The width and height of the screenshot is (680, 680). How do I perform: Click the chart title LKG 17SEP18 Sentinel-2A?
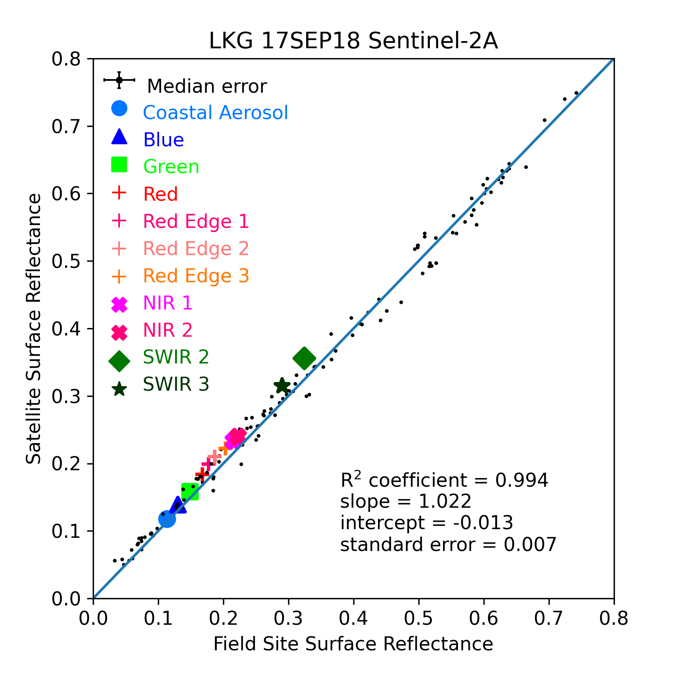[x=353, y=41]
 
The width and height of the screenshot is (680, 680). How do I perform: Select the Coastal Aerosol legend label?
[x=216, y=113]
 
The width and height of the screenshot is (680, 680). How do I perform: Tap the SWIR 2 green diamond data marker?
[x=304, y=358]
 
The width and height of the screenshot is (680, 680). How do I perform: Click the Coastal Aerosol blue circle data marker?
[x=167, y=519]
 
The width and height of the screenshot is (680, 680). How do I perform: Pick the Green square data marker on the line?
[x=190, y=492]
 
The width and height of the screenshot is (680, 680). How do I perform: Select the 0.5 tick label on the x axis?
[x=419, y=619]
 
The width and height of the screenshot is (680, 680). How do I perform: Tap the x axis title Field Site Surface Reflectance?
[x=353, y=644]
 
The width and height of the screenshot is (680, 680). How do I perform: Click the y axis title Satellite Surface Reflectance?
[x=34, y=328]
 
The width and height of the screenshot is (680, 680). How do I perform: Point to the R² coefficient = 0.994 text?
[x=444, y=480]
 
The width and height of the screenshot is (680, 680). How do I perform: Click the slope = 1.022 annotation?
[x=406, y=502]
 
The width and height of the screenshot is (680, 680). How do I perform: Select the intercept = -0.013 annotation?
[x=427, y=523]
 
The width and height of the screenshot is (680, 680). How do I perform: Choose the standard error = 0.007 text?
[x=448, y=544]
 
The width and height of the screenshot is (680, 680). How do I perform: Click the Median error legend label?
[x=207, y=86]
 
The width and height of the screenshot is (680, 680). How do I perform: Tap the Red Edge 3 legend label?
[x=196, y=276]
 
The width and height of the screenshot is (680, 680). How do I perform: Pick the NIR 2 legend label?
[x=168, y=330]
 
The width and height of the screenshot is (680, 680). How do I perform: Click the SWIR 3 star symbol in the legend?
[x=120, y=389]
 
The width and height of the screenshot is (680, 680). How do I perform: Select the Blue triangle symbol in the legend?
[x=120, y=137]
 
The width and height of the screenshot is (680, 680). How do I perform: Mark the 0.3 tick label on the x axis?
[x=288, y=619]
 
